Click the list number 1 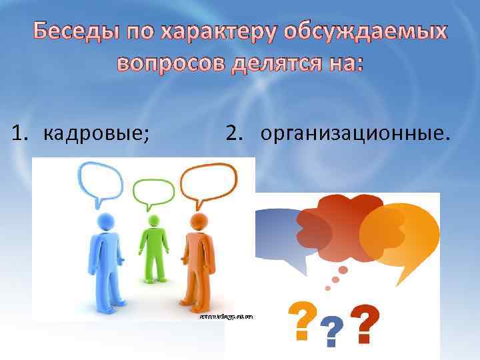click(19, 133)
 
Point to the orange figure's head click(197, 221)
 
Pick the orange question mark click(301, 317)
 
